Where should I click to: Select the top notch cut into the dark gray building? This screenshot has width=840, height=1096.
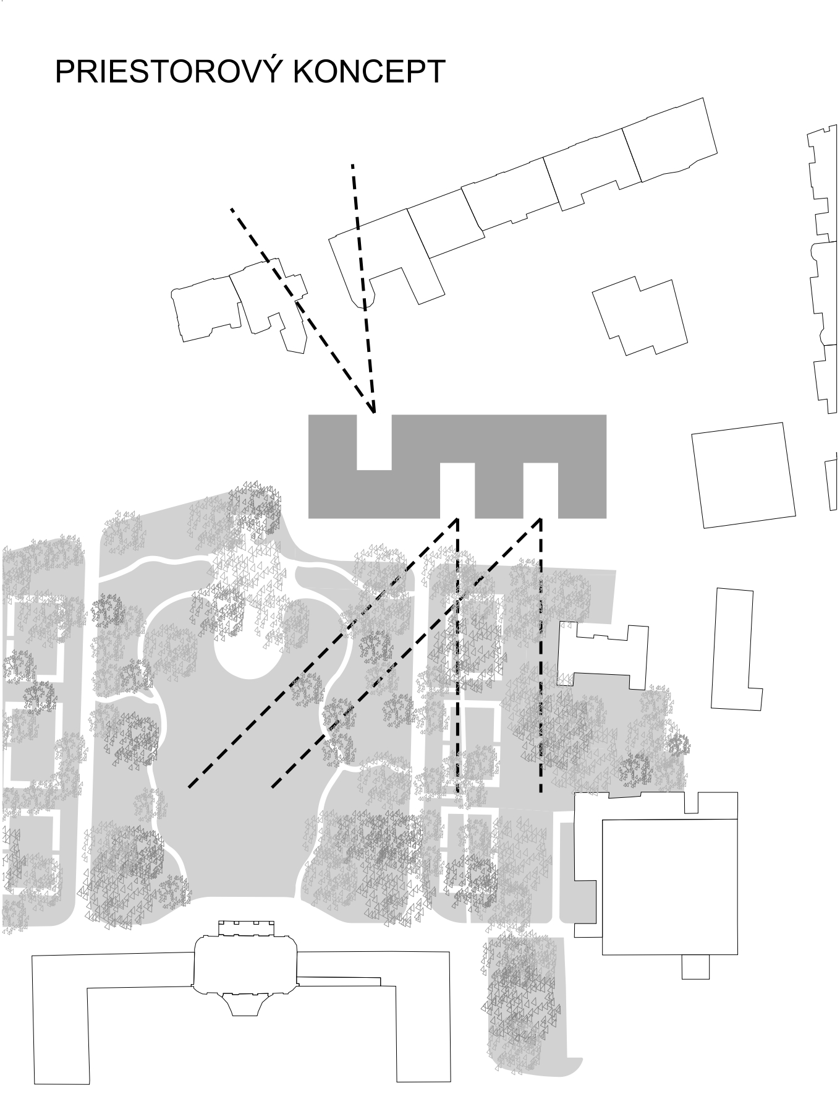374,442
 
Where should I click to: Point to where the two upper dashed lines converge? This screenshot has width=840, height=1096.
373,411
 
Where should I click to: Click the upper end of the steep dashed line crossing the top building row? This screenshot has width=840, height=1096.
353,166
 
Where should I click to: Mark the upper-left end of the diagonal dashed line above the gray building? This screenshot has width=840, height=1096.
232,210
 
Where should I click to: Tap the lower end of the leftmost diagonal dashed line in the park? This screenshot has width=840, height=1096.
190,787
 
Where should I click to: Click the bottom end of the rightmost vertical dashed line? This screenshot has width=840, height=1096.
541,791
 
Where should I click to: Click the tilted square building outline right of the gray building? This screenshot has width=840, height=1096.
743,475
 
